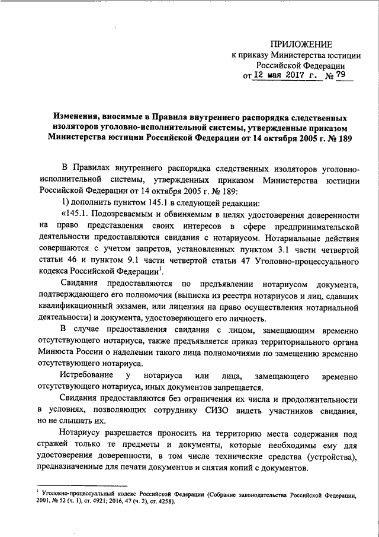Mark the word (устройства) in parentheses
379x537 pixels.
(329, 456)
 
